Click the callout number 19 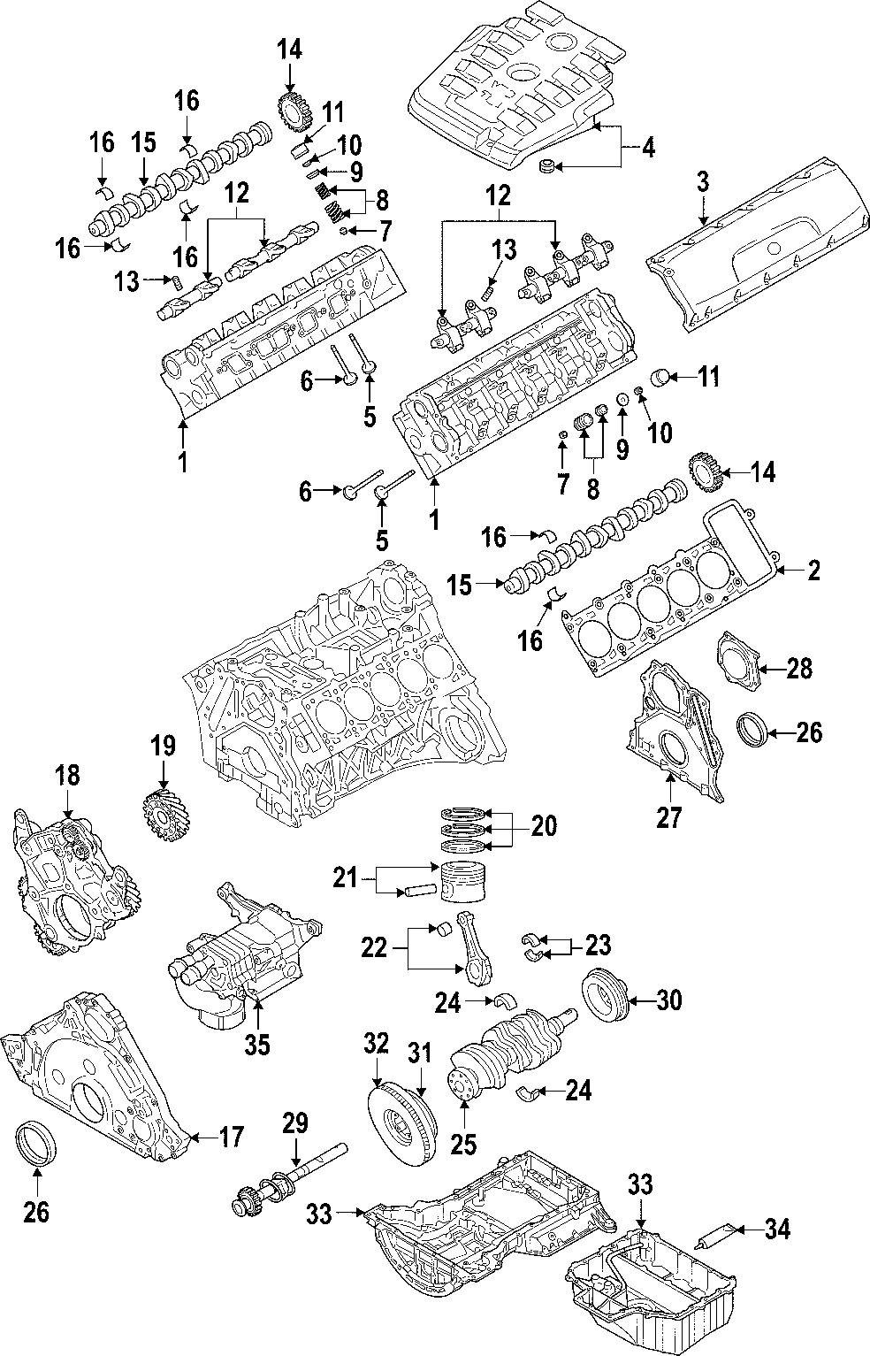[163, 746]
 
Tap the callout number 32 [377, 1044]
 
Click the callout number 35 [256, 1046]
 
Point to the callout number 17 [231, 1137]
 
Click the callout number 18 [67, 776]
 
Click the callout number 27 [669, 818]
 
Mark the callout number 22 [374, 947]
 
